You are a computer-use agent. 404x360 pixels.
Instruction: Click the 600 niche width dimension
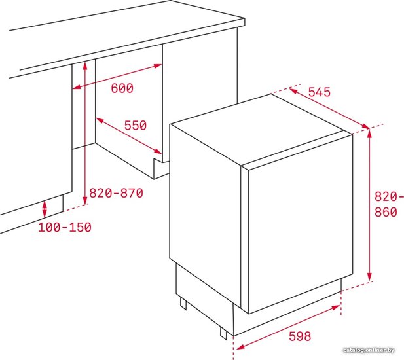[x=122, y=88]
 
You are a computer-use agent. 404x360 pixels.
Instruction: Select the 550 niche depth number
[x=136, y=126]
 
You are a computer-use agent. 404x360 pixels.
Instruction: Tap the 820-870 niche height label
[x=116, y=193]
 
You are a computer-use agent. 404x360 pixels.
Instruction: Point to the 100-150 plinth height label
[x=65, y=227]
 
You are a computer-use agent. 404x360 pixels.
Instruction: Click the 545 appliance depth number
[x=320, y=92]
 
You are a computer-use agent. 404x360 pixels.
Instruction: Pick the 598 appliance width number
[x=300, y=336]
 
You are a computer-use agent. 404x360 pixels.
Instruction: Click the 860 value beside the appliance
[x=386, y=212]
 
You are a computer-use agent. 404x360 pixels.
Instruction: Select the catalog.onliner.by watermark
[x=369, y=350]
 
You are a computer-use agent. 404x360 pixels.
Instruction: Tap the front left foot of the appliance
[x=223, y=333]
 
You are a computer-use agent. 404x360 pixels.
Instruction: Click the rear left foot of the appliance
[x=183, y=303]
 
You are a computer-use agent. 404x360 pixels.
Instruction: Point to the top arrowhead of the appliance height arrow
[x=370, y=134]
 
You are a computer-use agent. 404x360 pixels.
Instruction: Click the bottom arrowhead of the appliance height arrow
[x=370, y=277]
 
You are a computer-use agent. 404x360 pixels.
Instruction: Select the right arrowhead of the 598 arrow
[x=336, y=307]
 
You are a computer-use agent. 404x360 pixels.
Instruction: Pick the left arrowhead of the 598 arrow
[x=240, y=347]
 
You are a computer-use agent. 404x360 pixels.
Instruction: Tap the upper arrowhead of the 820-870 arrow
[x=85, y=66]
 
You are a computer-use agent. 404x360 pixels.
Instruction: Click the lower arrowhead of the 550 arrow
[x=158, y=151]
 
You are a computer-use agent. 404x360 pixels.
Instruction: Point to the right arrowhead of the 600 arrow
[x=158, y=65]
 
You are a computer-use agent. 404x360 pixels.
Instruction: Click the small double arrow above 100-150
[x=45, y=209]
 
